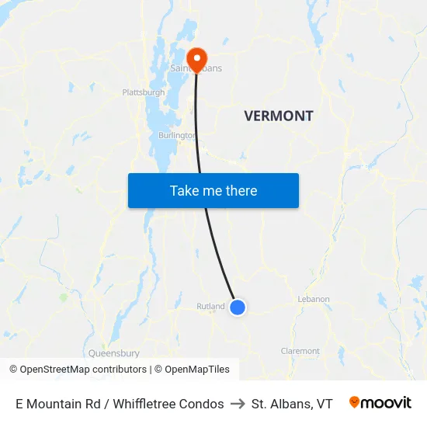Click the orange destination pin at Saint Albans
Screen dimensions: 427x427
pyautogui.click(x=196, y=57)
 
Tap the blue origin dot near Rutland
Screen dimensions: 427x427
pyautogui.click(x=238, y=307)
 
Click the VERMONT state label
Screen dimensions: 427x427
pyautogui.click(x=279, y=116)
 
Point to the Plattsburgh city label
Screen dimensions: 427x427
pyautogui.click(x=144, y=92)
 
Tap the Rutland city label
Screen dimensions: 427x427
pyautogui.click(x=210, y=307)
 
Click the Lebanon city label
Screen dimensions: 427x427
pyautogui.click(x=314, y=299)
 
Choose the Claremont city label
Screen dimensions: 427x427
pyautogui.click(x=300, y=351)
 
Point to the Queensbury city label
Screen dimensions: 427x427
pyautogui.click(x=113, y=352)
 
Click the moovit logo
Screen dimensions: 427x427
pyautogui.click(x=380, y=403)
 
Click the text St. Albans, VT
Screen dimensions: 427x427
pyautogui.click(x=292, y=404)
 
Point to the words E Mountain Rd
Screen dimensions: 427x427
pyautogui.click(x=51, y=404)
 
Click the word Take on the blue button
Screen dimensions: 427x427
pyautogui.click(x=185, y=191)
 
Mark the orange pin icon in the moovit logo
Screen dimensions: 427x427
pyautogui.click(x=355, y=402)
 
